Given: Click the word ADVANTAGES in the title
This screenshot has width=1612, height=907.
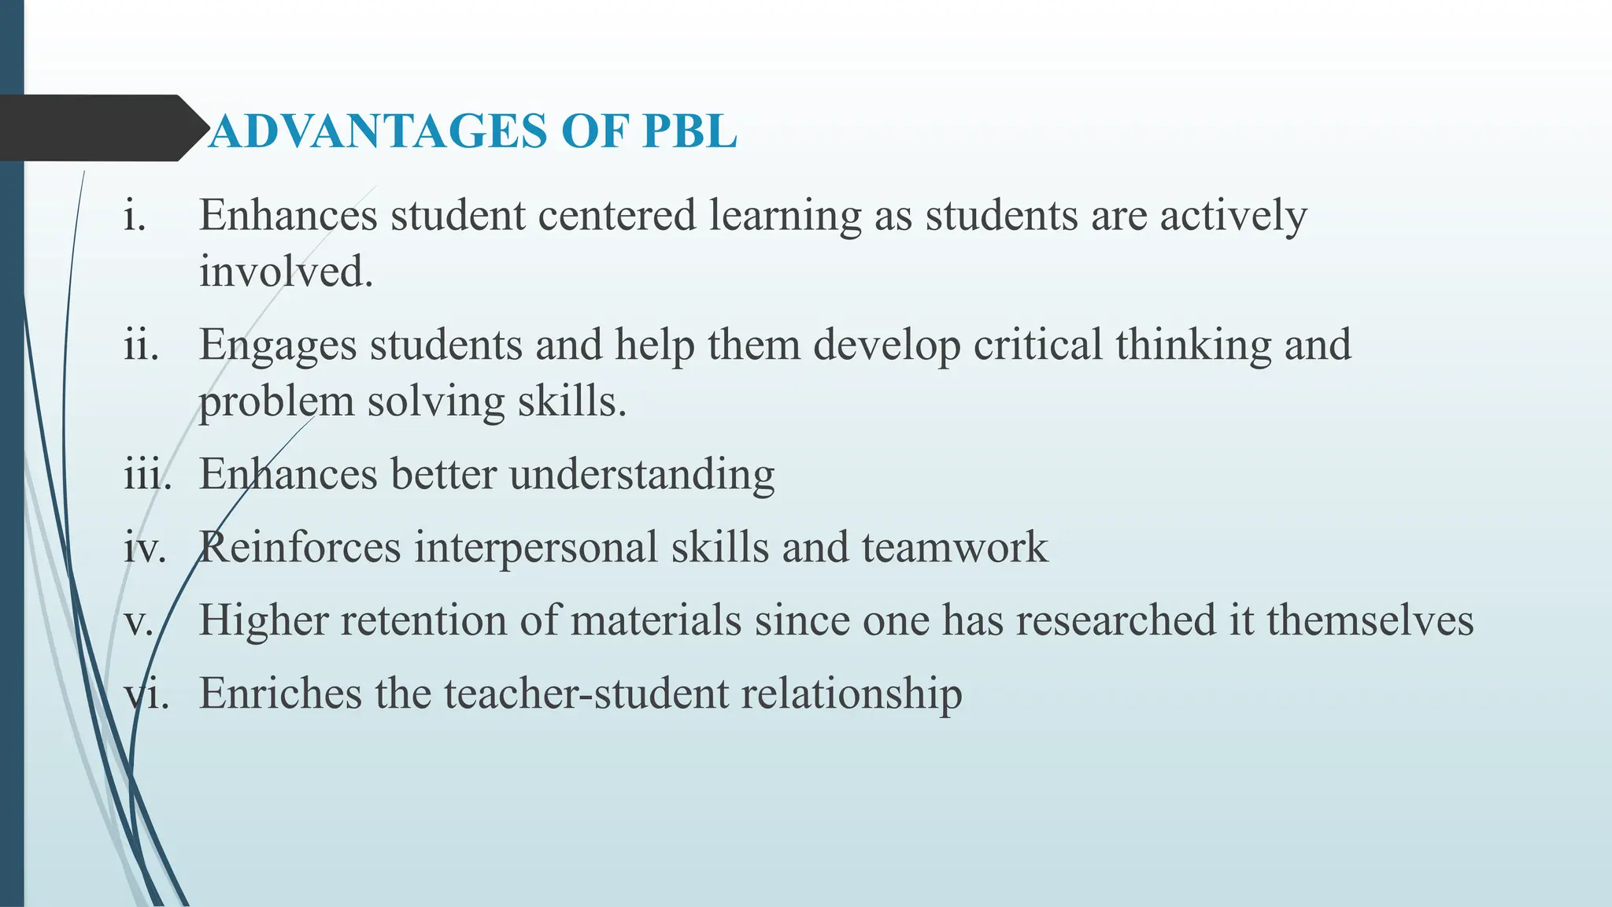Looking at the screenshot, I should coord(378,131).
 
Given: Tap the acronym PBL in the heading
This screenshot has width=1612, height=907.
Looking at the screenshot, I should coord(690,131).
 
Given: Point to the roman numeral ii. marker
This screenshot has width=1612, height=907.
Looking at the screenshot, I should coord(141,345).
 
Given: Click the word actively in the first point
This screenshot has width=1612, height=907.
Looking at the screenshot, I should coord(1233,216).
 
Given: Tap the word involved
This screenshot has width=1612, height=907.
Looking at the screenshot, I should coord(286,272).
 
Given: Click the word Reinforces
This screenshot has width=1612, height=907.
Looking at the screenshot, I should coord(300,547).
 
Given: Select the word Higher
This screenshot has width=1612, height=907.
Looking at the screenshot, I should coord(264,620).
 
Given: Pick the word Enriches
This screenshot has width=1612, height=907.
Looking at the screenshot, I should coord(280,694).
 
